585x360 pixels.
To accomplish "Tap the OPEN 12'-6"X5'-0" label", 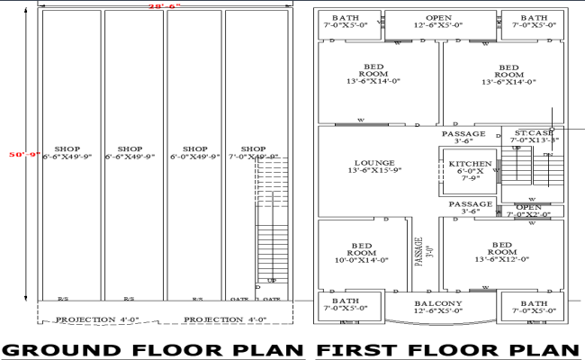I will pyautogui.click(x=438, y=22).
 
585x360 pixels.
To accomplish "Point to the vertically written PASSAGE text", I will pyautogui.click(x=418, y=251).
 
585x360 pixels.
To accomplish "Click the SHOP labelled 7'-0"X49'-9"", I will pyautogui.click(x=254, y=153).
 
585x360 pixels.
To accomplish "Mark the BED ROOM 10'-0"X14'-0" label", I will pyautogui.click(x=363, y=251).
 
